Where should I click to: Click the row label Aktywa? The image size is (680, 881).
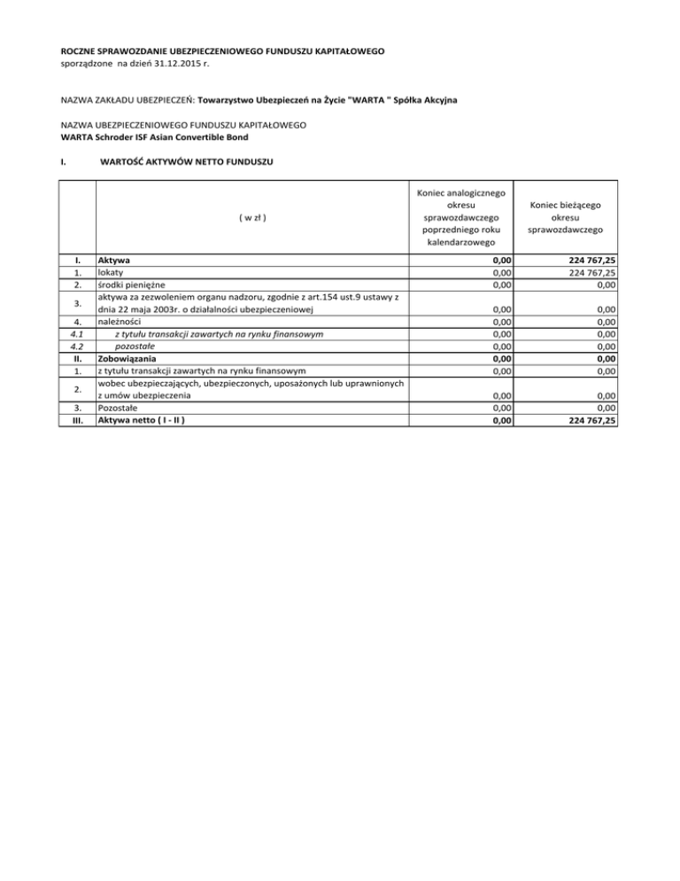click(x=114, y=261)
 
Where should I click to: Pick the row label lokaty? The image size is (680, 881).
click(x=111, y=273)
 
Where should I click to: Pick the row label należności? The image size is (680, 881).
click(x=123, y=322)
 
